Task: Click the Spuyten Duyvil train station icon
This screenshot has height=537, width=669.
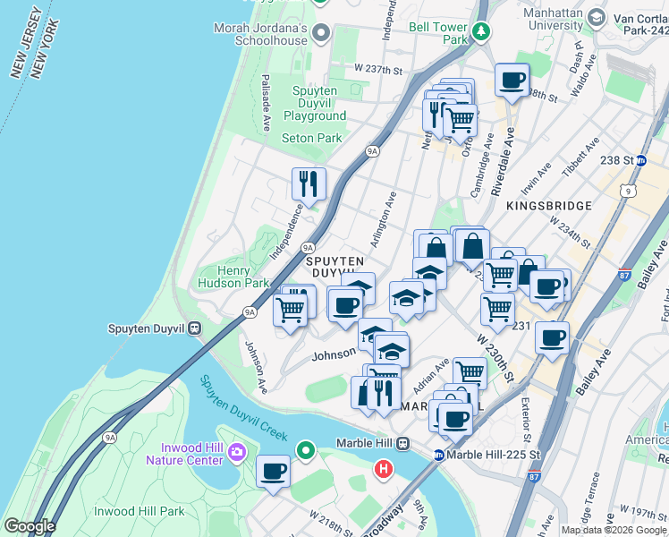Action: [194, 328]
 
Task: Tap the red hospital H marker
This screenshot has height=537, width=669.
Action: [384, 468]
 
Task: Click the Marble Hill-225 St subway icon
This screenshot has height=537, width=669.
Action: [438, 454]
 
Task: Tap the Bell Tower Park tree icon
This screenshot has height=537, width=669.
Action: [482, 32]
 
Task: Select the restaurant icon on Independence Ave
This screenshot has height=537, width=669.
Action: [309, 183]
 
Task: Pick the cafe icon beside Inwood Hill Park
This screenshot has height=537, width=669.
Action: [273, 471]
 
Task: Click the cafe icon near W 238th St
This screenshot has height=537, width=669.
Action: [512, 80]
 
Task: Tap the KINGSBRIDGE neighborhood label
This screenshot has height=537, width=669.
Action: [548, 206]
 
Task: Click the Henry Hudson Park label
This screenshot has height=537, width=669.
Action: [232, 277]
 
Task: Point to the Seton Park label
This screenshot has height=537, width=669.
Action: [312, 139]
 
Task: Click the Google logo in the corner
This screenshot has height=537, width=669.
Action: [30, 526]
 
